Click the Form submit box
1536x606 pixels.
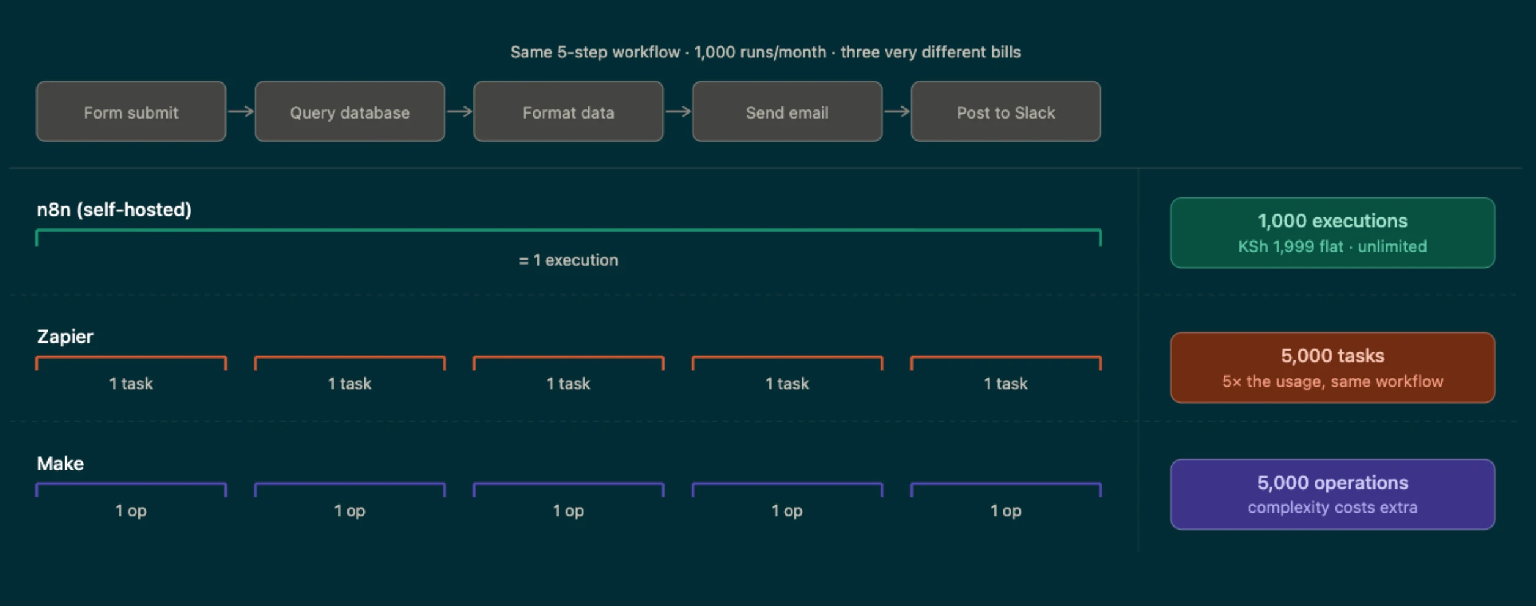[131, 112]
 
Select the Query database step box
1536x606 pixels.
[350, 112]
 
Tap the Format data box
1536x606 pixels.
[569, 112]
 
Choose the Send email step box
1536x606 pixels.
[787, 112]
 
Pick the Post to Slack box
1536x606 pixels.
[1006, 112]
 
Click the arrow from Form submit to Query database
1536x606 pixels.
[241, 111]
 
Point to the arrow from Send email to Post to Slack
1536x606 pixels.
[897, 111]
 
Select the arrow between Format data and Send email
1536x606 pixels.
[678, 111]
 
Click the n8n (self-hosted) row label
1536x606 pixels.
[114, 210]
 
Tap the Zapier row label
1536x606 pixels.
[65, 337]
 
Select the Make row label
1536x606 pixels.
[61, 464]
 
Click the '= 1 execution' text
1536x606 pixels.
[569, 260]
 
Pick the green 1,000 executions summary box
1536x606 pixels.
[1333, 233]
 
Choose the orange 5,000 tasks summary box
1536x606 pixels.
[1333, 368]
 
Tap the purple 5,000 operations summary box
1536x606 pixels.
[1333, 494]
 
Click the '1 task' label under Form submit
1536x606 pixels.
[131, 384]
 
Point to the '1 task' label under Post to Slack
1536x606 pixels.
[1006, 384]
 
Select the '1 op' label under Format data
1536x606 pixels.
[569, 511]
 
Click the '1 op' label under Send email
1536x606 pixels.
[787, 511]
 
